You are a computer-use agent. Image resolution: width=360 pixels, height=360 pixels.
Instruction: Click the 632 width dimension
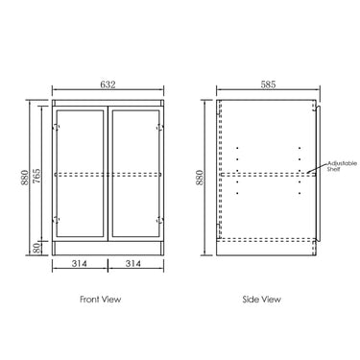(x=108, y=84)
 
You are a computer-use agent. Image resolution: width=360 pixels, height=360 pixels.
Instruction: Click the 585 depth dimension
(x=268, y=84)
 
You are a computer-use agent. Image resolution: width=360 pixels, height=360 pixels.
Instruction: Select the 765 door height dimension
(x=37, y=176)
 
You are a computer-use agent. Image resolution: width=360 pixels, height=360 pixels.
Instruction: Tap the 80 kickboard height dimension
(x=37, y=248)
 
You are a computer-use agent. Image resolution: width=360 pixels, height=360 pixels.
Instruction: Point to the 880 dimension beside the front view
(x=24, y=178)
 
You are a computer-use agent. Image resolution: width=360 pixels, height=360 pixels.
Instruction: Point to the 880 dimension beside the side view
(x=200, y=178)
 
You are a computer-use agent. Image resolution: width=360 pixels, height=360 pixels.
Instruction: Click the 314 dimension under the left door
(x=79, y=264)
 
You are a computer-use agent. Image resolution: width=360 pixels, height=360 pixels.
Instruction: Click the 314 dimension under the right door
(x=133, y=264)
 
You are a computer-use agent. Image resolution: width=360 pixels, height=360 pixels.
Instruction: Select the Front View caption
(x=101, y=300)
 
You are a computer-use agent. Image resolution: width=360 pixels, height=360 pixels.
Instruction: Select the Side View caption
(x=262, y=300)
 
